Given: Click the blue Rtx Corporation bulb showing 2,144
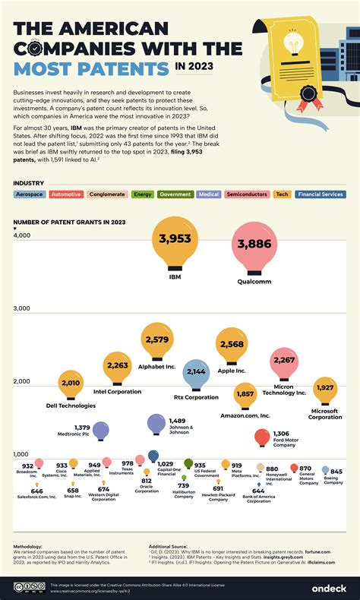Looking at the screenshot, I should click(x=196, y=374).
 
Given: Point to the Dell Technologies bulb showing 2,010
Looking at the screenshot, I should click(x=71, y=384).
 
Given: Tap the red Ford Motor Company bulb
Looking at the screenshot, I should click(x=262, y=437).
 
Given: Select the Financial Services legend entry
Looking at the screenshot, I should click(x=321, y=194).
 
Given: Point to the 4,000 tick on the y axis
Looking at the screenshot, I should click(x=22, y=236).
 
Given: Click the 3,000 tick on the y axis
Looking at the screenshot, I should click(x=22, y=309).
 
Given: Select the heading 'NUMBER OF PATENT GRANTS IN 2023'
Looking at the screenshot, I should click(x=68, y=223).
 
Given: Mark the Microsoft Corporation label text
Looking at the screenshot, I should click(x=325, y=414).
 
